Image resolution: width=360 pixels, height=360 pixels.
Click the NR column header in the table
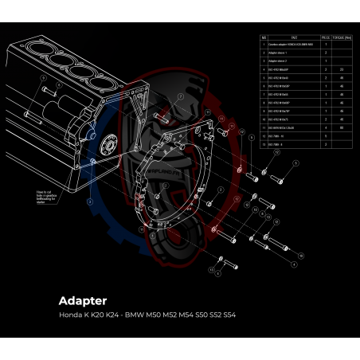click(264, 37)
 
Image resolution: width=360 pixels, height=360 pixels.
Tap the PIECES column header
click(326, 37)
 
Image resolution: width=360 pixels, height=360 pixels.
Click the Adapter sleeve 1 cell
click(280, 52)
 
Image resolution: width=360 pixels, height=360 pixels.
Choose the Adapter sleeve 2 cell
click(280, 60)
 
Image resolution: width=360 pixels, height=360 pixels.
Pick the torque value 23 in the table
click(341, 69)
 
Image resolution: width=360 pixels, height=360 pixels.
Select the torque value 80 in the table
click(341, 127)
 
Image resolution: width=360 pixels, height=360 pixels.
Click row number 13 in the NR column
click(264, 143)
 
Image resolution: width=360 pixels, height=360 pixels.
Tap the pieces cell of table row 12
click(326, 135)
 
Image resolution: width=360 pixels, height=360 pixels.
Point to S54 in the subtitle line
click(227, 315)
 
